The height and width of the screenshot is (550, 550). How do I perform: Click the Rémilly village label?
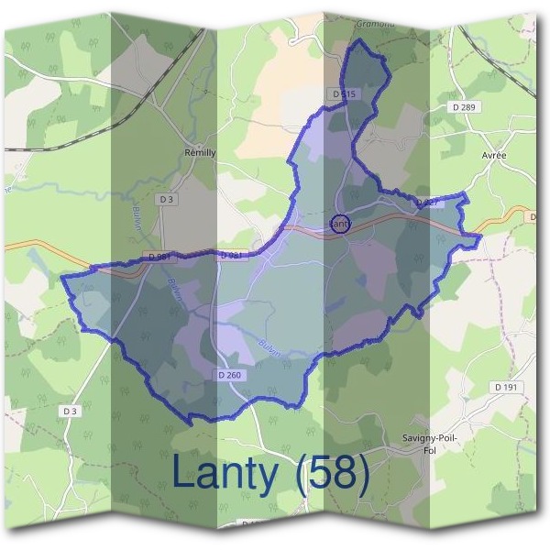[200, 153]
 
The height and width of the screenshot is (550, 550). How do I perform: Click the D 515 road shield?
[343, 94]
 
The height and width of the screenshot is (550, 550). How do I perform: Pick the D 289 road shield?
[466, 108]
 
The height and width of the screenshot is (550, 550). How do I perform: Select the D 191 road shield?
[506, 388]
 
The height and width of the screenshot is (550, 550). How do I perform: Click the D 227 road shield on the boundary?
[430, 203]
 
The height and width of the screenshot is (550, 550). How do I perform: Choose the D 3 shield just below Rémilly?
[166, 199]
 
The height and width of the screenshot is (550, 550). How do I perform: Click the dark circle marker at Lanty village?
[339, 223]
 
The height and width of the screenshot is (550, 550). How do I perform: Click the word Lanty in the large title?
[228, 474]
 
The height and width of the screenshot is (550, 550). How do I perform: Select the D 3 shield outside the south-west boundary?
[71, 412]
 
